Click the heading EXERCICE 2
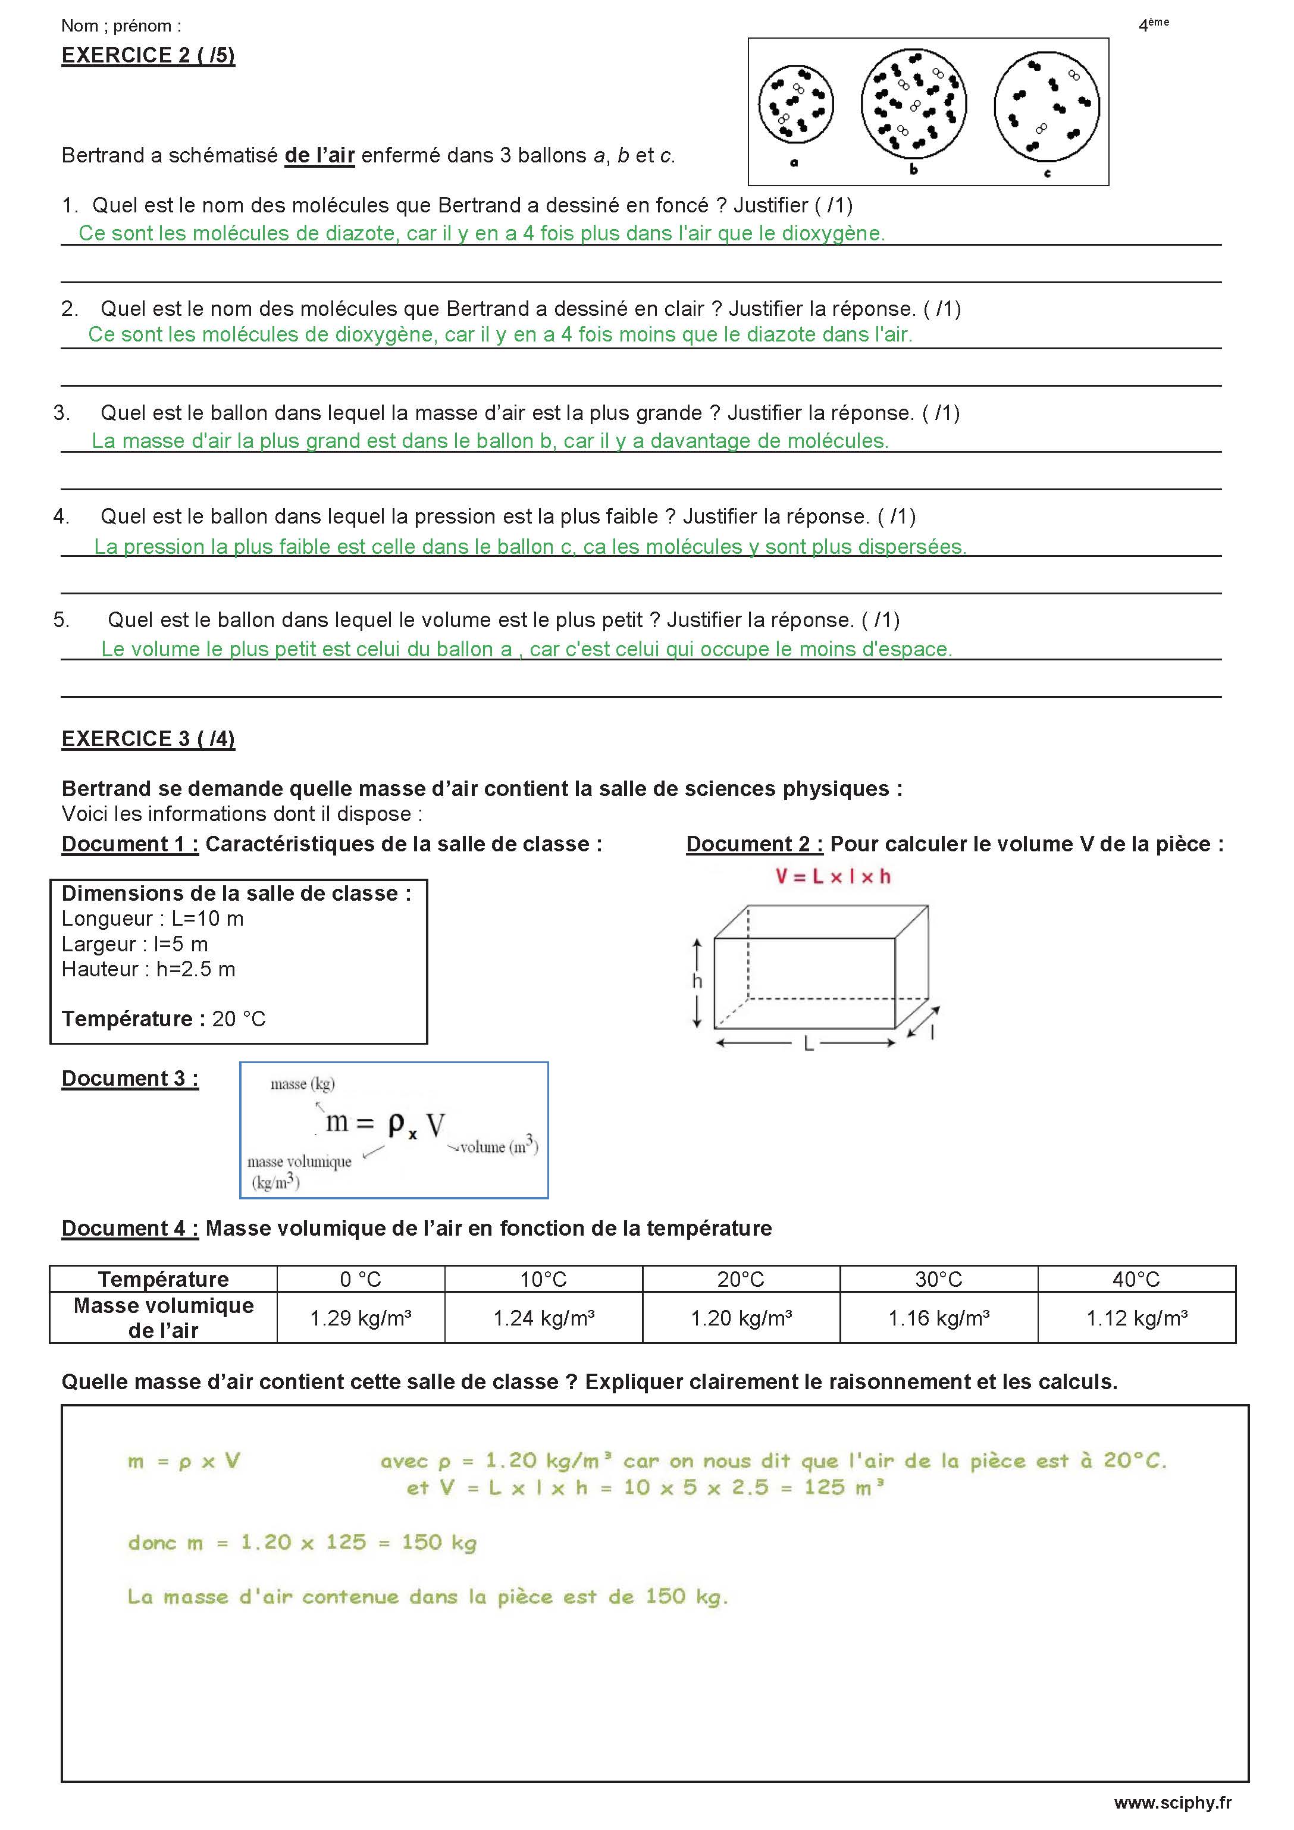pyautogui.click(x=148, y=56)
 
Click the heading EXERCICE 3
pyautogui.click(x=148, y=739)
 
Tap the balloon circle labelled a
pyautogui.click(x=795, y=105)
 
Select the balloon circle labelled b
pyautogui.click(x=914, y=104)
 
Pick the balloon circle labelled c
pyautogui.click(x=1047, y=106)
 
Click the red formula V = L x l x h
pyautogui.click(x=833, y=877)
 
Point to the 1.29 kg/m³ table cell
pyautogui.click(x=361, y=1318)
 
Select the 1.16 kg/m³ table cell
pyautogui.click(x=938, y=1318)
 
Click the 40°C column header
pyautogui.click(x=1136, y=1279)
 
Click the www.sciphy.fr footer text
pyautogui.click(x=1172, y=1803)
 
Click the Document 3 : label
pyautogui.click(x=130, y=1079)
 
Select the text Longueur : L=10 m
pyautogui.click(x=152, y=919)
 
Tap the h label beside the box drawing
pyautogui.click(x=697, y=981)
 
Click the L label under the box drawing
pyautogui.click(x=808, y=1044)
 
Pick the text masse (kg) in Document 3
pyautogui.click(x=302, y=1084)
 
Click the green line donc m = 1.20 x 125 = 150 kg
pyautogui.click(x=302, y=1542)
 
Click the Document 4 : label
pyautogui.click(x=130, y=1229)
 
